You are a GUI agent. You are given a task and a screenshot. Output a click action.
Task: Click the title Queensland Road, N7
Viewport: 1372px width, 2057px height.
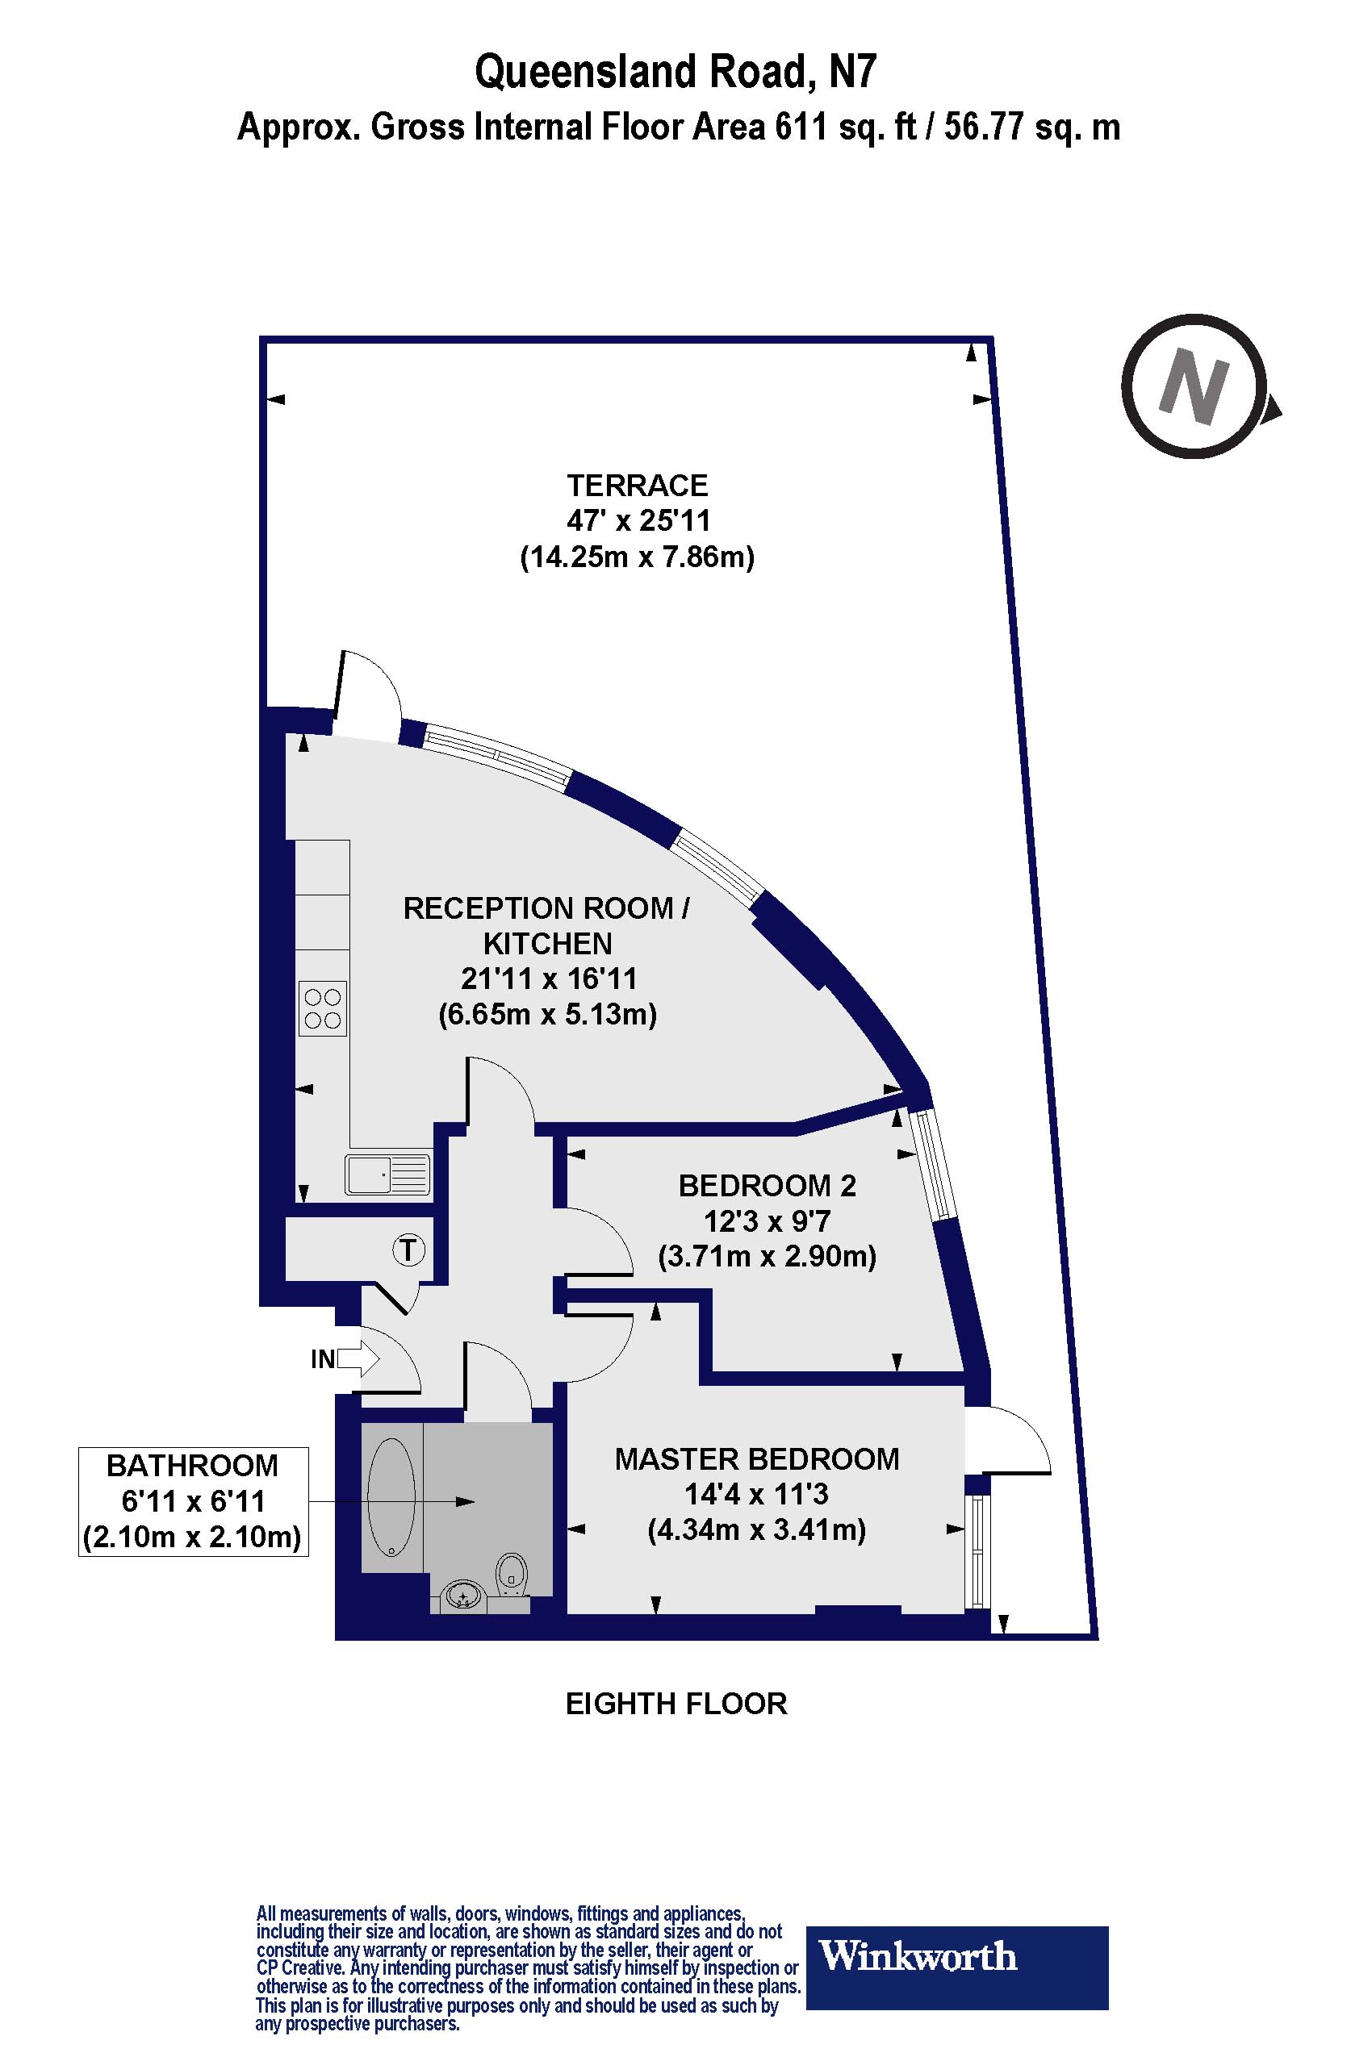point(675,73)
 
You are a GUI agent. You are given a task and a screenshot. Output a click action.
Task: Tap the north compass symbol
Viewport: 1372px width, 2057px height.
point(1194,386)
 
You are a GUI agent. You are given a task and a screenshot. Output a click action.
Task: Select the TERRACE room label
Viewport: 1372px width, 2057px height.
point(637,486)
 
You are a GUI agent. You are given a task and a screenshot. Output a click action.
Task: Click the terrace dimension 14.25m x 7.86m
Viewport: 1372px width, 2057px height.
point(637,557)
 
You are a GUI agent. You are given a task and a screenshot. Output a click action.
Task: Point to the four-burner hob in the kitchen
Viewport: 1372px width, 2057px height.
point(322,1008)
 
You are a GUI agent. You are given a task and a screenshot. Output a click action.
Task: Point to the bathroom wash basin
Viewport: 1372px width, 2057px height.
point(464,1596)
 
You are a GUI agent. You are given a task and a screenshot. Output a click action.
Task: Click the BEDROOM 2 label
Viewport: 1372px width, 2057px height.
point(767,1186)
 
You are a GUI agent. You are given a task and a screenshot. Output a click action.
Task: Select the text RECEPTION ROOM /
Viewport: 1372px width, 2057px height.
point(546,908)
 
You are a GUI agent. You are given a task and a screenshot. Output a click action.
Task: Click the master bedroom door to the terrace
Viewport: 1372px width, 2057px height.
point(1006,1441)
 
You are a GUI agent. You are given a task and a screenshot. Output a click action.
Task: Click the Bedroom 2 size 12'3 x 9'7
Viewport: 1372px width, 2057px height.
point(767,1221)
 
